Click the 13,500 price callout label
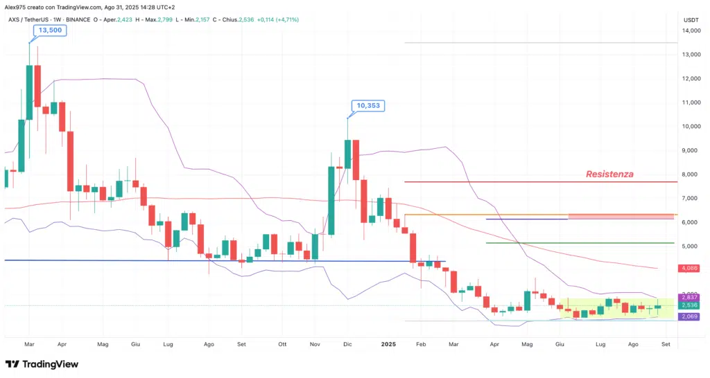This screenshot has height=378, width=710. (49, 30)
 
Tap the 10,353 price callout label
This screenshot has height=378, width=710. (367, 106)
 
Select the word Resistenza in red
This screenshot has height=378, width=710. (609, 174)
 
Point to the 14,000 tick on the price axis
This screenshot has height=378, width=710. (690, 31)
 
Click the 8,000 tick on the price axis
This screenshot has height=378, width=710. (690, 174)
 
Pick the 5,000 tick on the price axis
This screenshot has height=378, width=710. (690, 246)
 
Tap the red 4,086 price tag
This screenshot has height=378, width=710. (690, 268)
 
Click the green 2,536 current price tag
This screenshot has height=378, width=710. (690, 305)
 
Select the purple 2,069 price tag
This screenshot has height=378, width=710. (690, 316)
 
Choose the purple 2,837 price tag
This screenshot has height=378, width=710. (690, 298)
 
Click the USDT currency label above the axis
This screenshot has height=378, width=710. (691, 20)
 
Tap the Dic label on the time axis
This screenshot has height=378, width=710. (347, 343)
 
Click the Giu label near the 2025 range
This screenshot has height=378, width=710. (561, 343)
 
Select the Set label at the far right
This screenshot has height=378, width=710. (666, 343)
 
